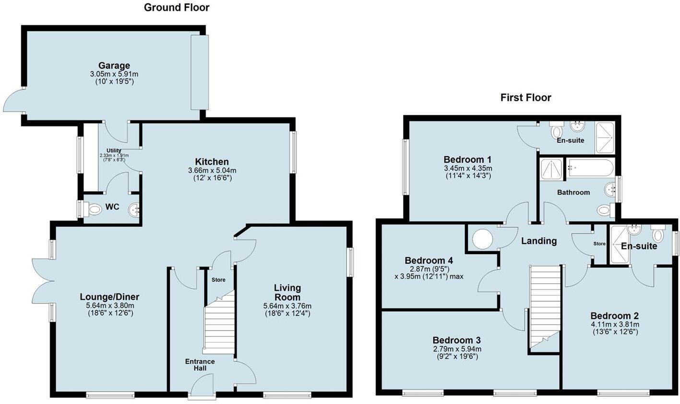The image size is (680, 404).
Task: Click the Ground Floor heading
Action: tap(177, 7)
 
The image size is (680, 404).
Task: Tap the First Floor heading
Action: tap(525, 98)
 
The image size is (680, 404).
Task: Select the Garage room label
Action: tap(114, 65)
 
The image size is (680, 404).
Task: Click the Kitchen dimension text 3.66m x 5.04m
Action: tap(212, 171)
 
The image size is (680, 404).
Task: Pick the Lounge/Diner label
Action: tap(109, 297)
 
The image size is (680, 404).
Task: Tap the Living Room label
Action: tap(287, 292)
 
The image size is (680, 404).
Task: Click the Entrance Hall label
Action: tap(200, 365)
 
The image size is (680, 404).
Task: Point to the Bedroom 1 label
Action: tap(467, 159)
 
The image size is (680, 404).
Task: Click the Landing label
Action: tap(539, 241)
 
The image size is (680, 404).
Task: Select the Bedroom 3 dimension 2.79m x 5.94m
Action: tap(457, 349)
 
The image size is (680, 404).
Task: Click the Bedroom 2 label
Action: tap(614, 316)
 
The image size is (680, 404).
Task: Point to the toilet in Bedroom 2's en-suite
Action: tap(657, 234)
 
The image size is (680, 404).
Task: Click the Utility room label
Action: tap(114, 151)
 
